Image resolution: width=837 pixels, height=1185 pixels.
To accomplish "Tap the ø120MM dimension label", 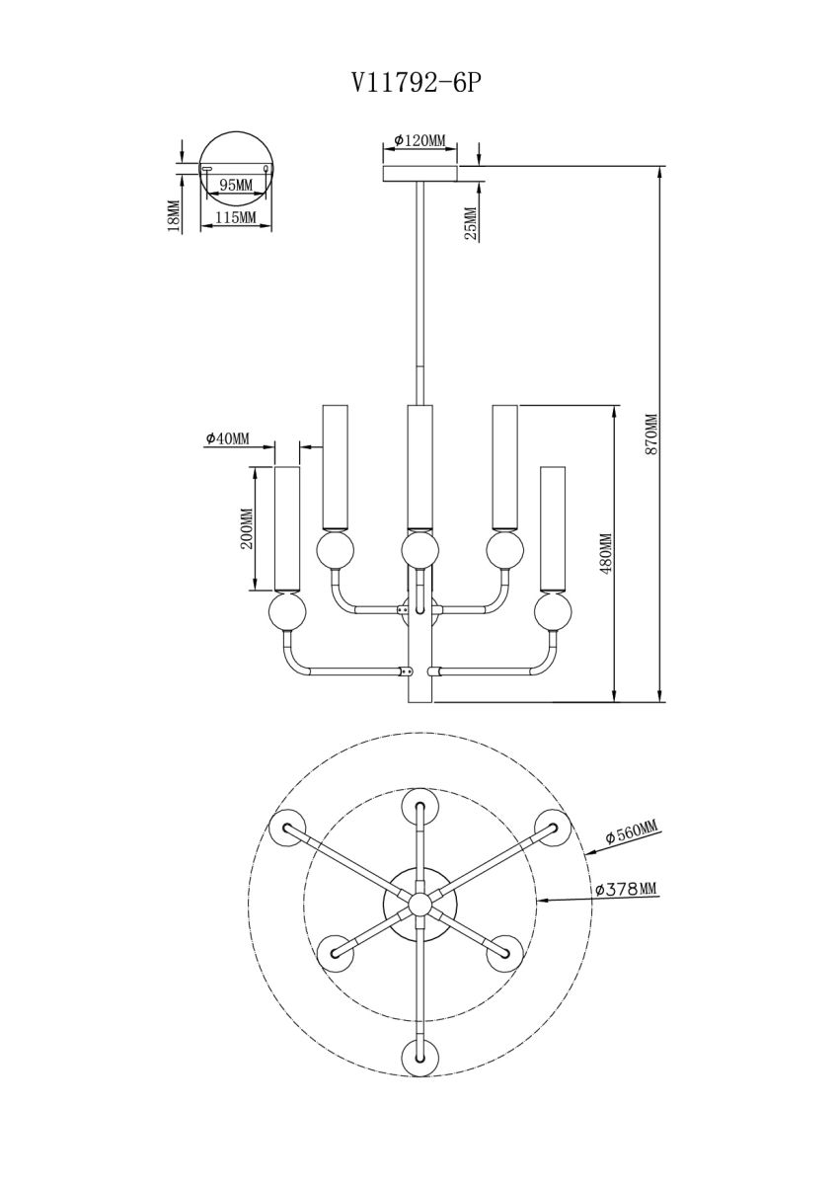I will pyautogui.click(x=418, y=141).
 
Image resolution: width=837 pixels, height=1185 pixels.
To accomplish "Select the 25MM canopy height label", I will pyautogui.click(x=470, y=223).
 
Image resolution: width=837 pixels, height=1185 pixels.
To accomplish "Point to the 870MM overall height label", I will pyautogui.click(x=651, y=432).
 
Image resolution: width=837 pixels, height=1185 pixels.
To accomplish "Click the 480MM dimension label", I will pyautogui.click(x=606, y=553).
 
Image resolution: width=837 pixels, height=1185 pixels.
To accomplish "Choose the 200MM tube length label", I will pyautogui.click(x=247, y=528).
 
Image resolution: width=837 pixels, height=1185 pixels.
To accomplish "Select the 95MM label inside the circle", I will pyautogui.click(x=235, y=185).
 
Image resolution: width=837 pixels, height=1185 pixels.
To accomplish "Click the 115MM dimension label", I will pyautogui.click(x=235, y=217).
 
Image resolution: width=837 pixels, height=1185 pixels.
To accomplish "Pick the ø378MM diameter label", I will pyautogui.click(x=626, y=889).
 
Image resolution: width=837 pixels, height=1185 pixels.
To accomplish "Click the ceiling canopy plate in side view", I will pyautogui.click(x=420, y=174).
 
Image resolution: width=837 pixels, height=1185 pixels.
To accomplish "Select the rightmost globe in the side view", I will pyautogui.click(x=553, y=612).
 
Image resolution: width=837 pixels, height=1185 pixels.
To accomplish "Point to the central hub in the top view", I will pyautogui.click(x=419, y=902).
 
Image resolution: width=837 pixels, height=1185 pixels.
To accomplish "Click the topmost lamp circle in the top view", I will pyautogui.click(x=419, y=808).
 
